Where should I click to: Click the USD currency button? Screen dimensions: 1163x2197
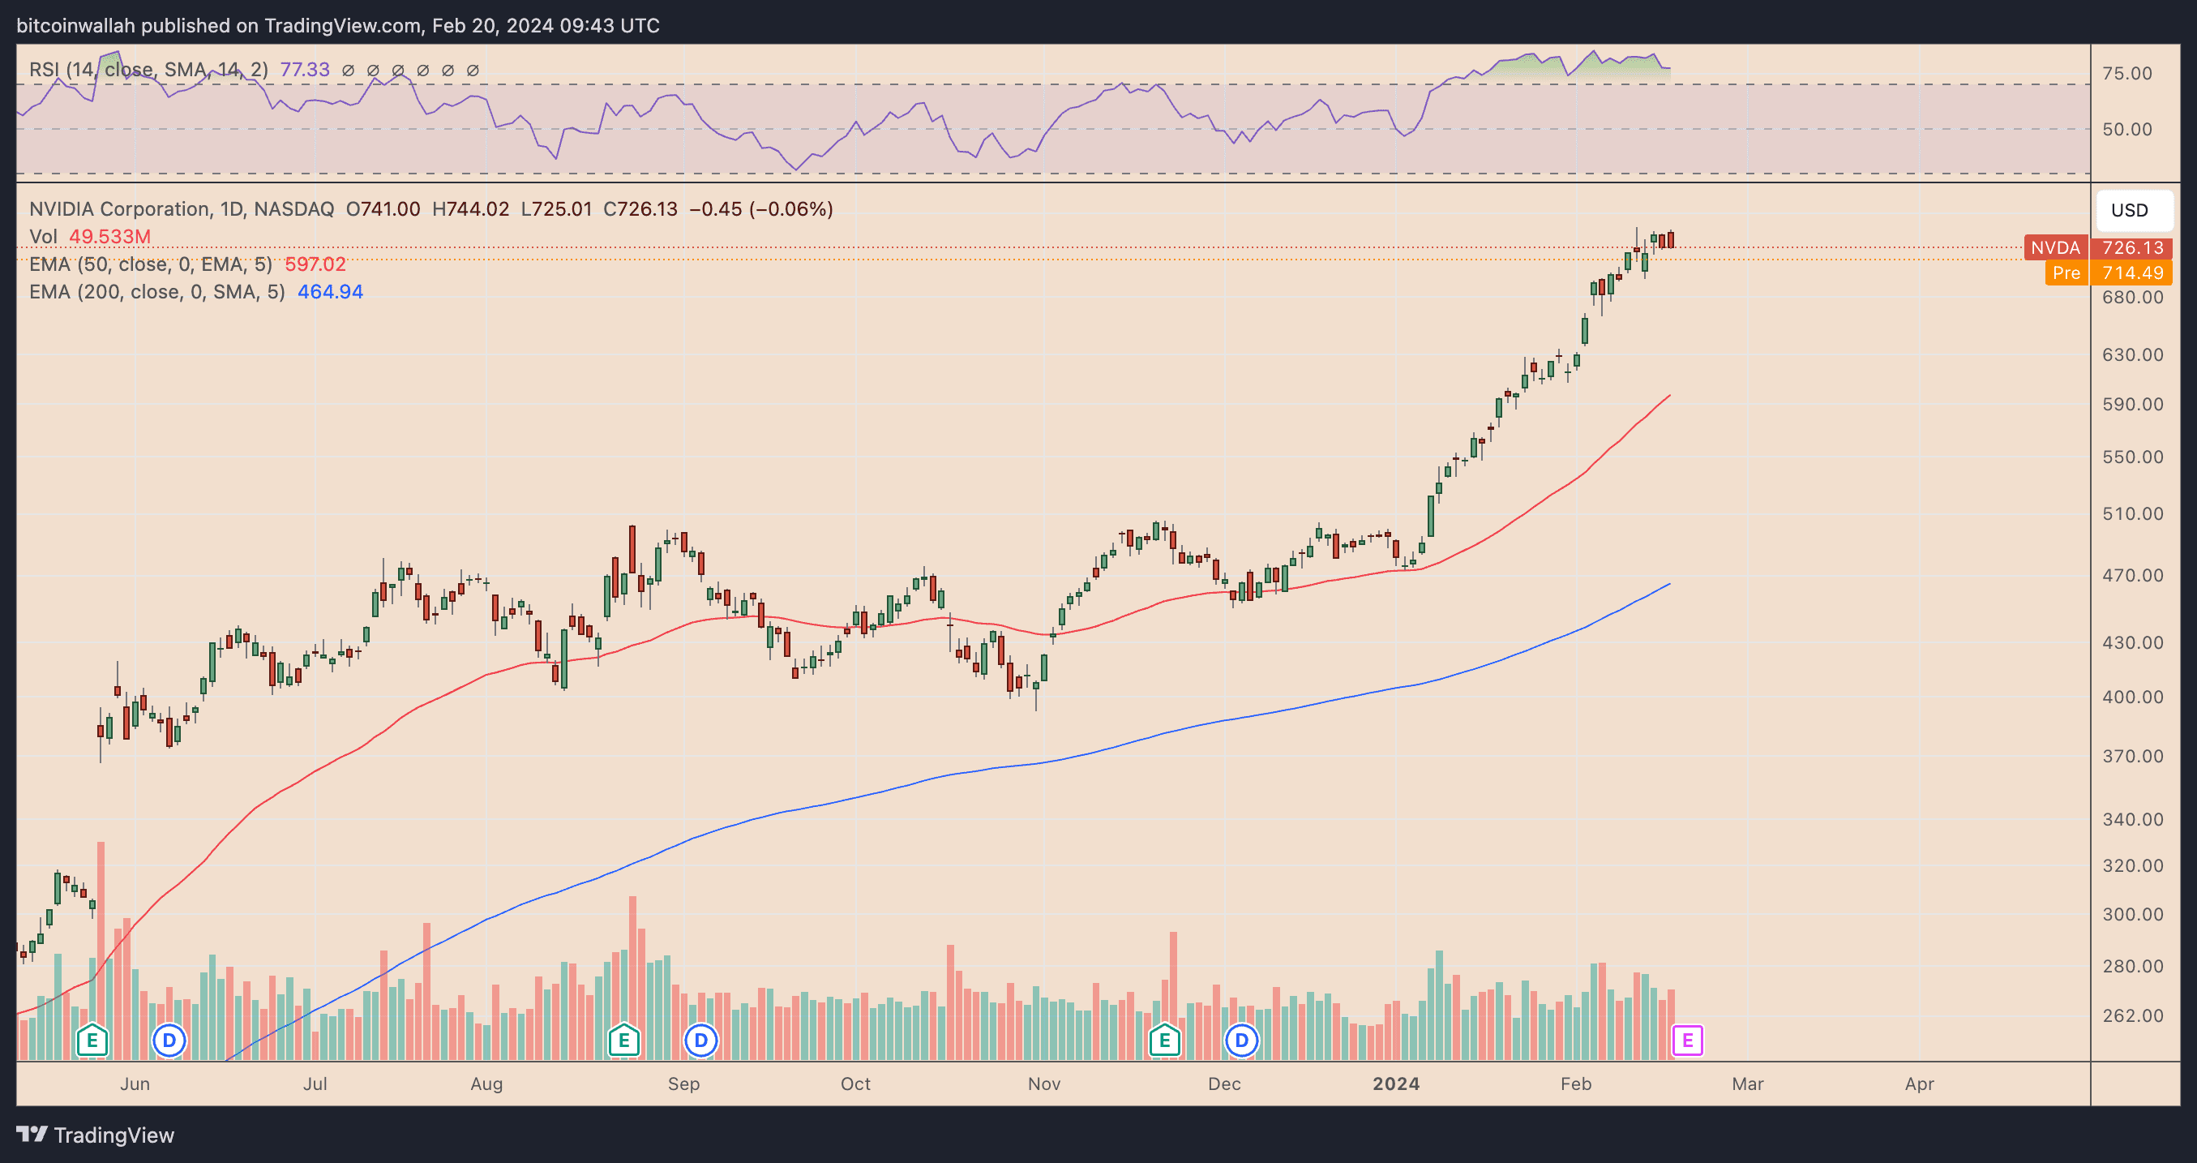pos(2129,210)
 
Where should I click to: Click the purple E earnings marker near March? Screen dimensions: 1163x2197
pos(1687,1040)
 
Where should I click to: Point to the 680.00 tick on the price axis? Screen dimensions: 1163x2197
pos(2132,297)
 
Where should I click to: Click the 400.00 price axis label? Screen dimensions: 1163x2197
pos(2132,697)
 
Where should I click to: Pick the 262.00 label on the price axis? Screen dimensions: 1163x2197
pos(2132,1015)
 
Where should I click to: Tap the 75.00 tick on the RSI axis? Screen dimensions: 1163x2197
pos(2126,73)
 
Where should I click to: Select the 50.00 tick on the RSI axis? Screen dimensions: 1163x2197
pos(2126,129)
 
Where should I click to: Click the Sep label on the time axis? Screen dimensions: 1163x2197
pos(683,1084)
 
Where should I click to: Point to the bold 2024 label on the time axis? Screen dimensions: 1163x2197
pos(1395,1084)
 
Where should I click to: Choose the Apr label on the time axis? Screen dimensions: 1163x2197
pos(1919,1084)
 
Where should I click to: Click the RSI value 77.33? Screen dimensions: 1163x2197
pos(305,70)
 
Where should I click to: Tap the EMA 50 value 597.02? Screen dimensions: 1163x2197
pos(315,264)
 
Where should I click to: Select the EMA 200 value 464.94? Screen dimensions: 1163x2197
pos(330,292)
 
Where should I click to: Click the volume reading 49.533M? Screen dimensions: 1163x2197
pos(109,236)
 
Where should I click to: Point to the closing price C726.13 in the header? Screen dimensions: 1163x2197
pos(640,209)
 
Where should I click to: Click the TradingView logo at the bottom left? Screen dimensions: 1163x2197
pos(96,1135)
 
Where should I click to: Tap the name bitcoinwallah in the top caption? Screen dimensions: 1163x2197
pos(75,26)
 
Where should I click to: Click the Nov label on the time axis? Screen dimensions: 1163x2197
pos(1044,1084)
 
